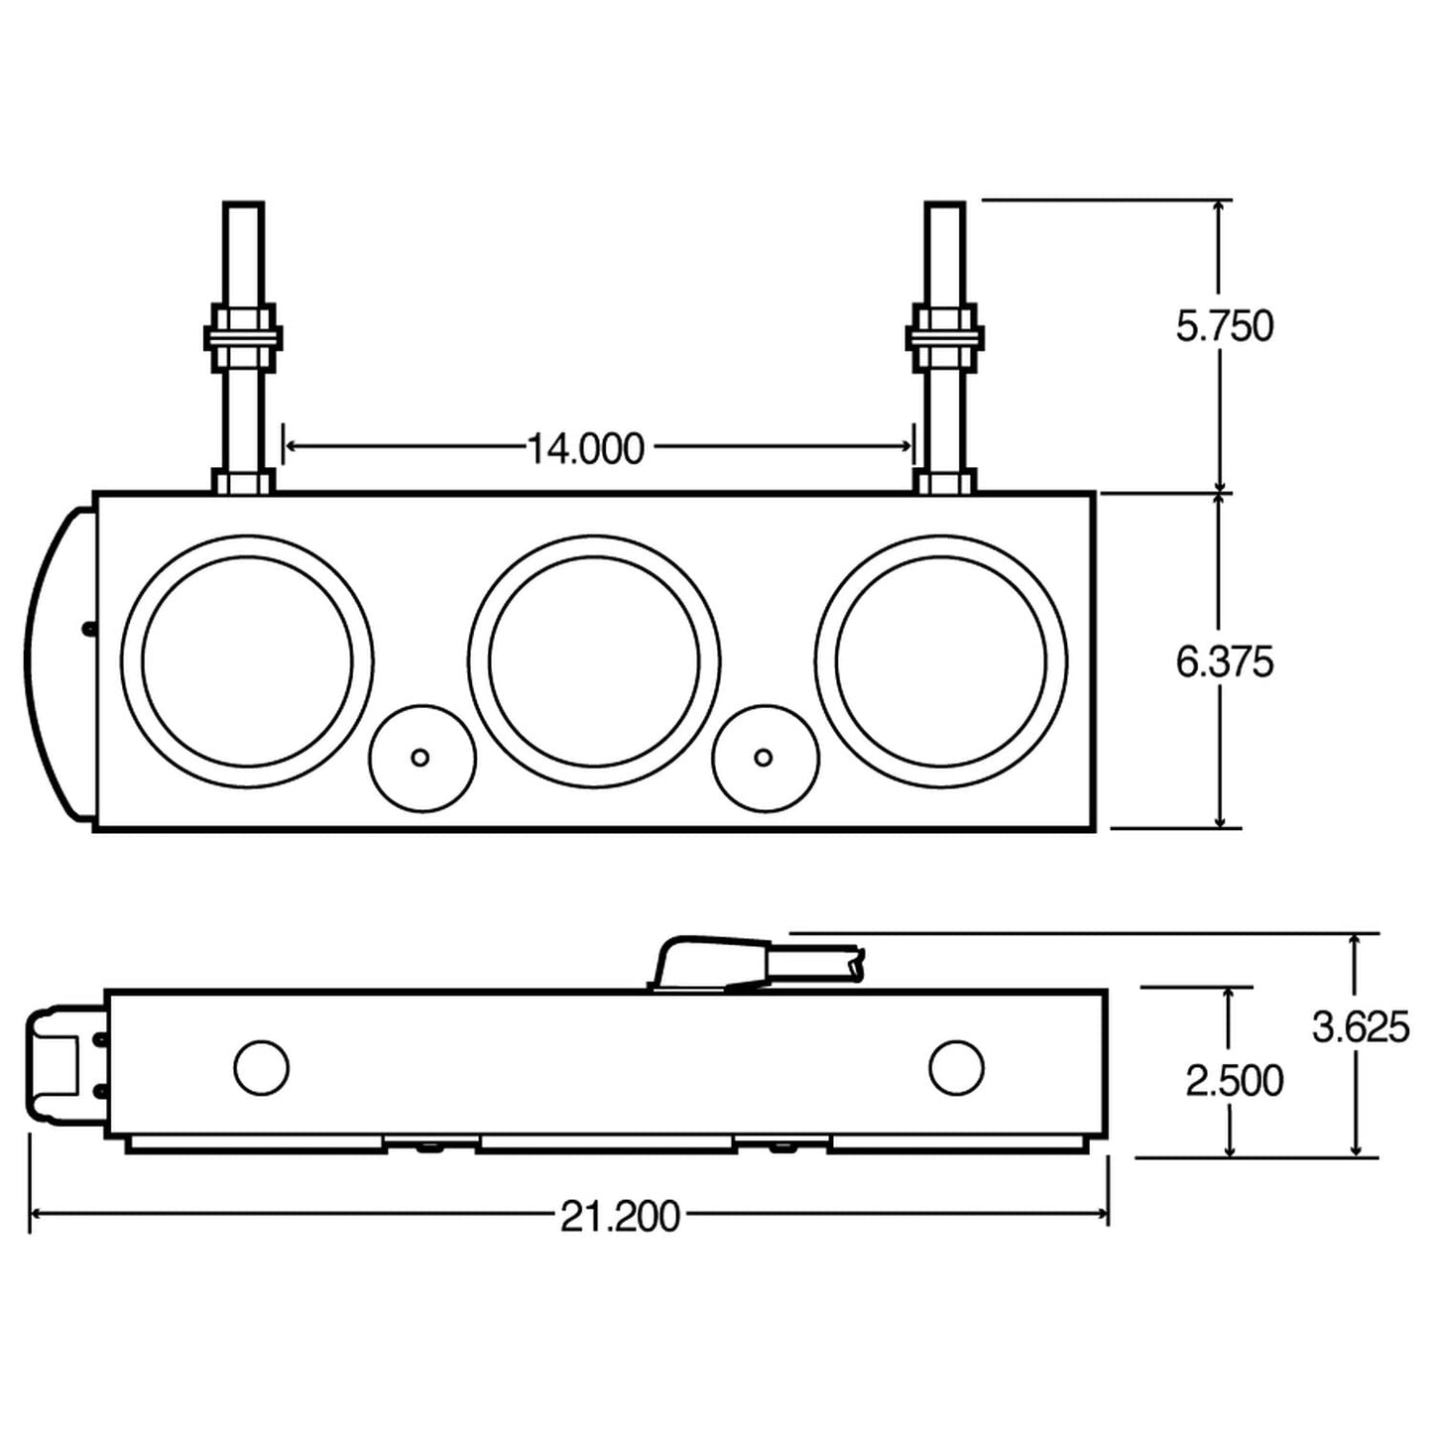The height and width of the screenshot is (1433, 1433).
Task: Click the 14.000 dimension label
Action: (584, 449)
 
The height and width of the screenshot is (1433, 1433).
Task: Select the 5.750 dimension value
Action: (1225, 326)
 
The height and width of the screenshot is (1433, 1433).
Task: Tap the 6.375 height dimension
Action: (1225, 661)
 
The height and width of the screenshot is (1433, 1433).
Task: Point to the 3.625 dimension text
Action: (1361, 1028)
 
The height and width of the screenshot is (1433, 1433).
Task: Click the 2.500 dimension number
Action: (1235, 1080)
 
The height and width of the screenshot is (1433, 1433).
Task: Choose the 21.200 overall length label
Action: (621, 1216)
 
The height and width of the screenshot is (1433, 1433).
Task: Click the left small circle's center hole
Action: (420, 757)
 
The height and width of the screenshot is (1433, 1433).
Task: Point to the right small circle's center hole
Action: (764, 757)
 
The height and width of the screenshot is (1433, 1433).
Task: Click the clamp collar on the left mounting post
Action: (243, 337)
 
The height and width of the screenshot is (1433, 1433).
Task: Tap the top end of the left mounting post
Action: (243, 208)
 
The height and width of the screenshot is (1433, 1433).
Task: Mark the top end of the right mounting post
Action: (944, 208)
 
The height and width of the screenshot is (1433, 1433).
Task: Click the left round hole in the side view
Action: (262, 1068)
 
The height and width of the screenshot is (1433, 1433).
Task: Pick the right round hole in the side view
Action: (957, 1068)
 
